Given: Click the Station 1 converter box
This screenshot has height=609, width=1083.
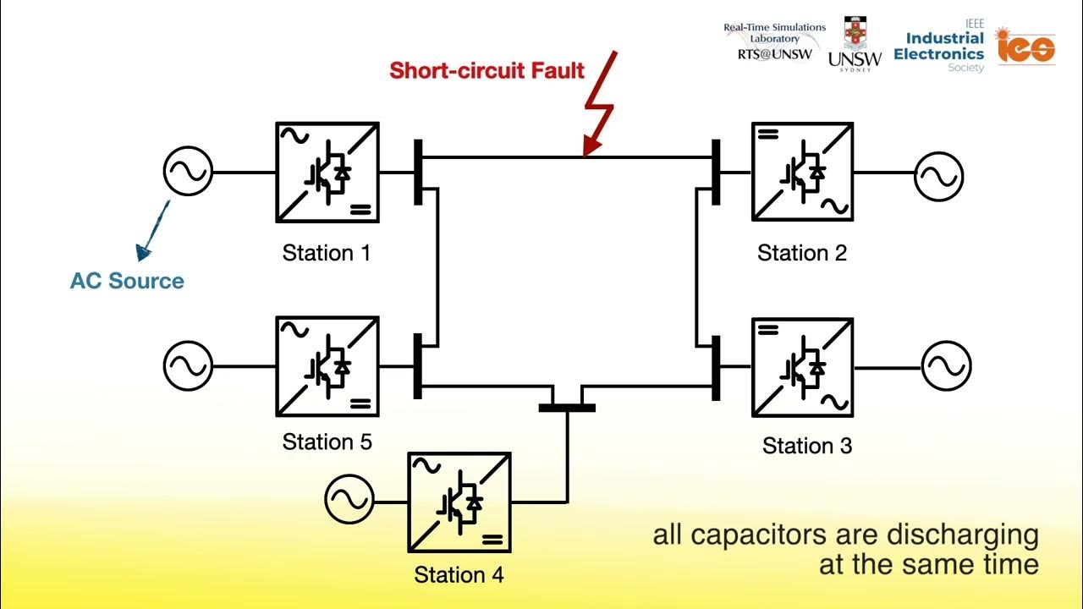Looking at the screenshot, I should coord(327,173).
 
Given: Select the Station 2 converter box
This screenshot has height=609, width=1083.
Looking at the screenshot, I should coord(802,172).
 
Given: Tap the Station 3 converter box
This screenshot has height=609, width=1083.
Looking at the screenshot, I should coord(802,367).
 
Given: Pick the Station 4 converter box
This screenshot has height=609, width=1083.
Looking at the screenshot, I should coord(459,502).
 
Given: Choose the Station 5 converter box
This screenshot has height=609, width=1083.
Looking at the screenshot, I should coord(327,366).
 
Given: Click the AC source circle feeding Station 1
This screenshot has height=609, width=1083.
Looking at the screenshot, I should coord(188,172).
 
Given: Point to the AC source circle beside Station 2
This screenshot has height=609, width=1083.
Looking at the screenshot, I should coord(938,176).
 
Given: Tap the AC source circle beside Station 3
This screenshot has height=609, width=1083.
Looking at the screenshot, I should coord(946,366).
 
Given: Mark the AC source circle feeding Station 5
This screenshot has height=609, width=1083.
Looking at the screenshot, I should coord(188,366).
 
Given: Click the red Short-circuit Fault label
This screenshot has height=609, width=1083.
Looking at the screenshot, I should coord(487,70).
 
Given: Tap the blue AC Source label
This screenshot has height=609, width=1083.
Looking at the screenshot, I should coord(127,281).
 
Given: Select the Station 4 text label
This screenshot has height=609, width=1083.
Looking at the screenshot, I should coord(459,575).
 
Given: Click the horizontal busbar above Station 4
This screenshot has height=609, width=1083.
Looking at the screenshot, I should coord(567,408).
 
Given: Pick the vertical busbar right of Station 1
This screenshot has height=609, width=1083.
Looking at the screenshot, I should coord(418,173).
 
